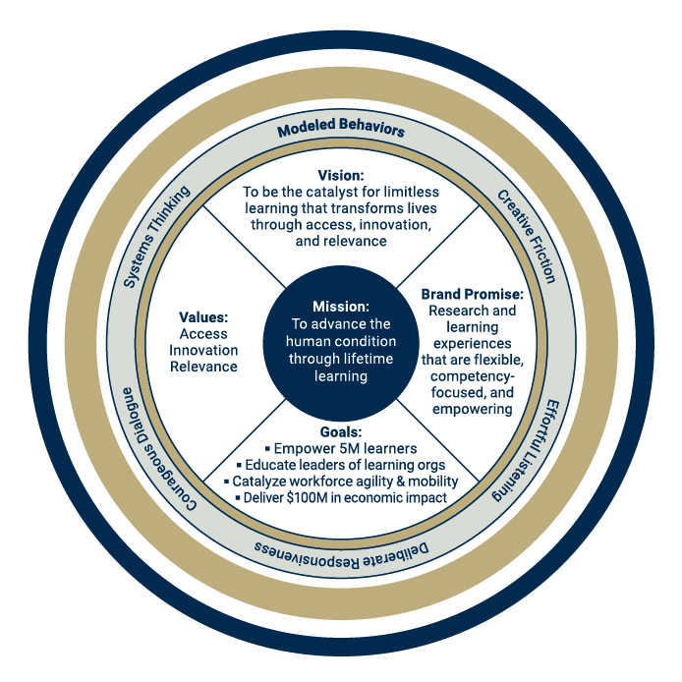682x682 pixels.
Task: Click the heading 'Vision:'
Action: click(x=340, y=174)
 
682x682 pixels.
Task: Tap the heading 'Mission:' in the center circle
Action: click(x=340, y=306)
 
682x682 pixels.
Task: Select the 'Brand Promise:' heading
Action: click(x=472, y=294)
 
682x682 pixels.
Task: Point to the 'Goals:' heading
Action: click(x=340, y=430)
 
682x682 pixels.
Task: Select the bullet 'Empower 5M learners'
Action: click(x=340, y=448)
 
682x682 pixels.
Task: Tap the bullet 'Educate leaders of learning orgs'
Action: click(x=340, y=465)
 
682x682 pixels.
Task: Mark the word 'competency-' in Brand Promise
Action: click(x=473, y=378)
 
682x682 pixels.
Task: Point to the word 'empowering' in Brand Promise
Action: click(x=473, y=410)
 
